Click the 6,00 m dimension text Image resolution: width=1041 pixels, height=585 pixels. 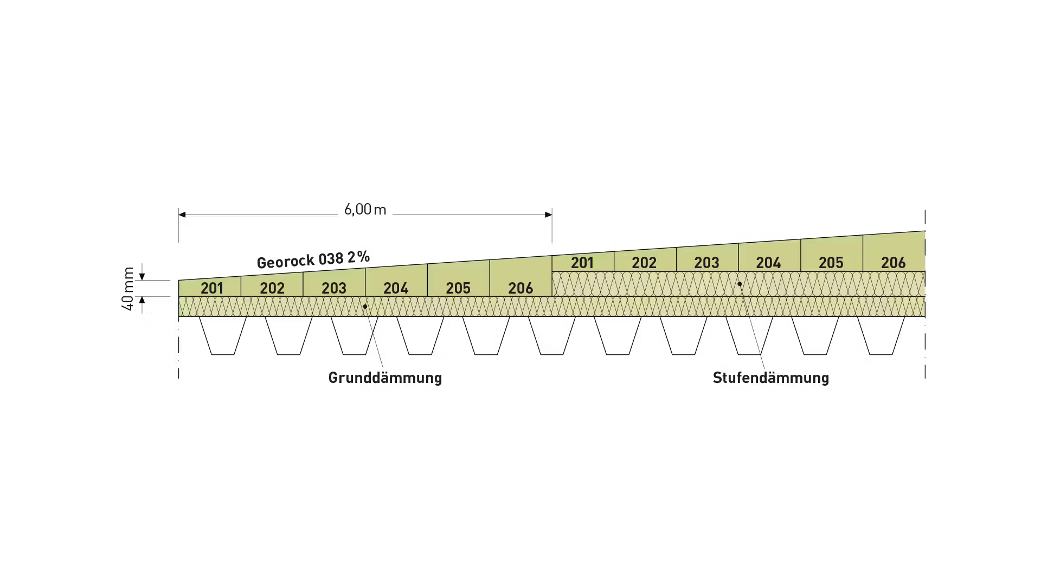click(x=365, y=210)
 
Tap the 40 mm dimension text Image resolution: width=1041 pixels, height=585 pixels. click(x=128, y=289)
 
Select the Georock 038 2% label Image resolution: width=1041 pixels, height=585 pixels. click(x=313, y=259)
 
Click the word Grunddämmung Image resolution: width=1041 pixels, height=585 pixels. click(x=385, y=378)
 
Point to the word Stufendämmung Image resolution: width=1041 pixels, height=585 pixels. click(x=771, y=378)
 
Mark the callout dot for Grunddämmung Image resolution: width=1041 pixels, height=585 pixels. click(x=365, y=307)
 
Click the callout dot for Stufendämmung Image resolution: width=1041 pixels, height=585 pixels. click(x=740, y=284)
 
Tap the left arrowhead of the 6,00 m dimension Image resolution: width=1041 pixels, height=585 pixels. click(x=182, y=215)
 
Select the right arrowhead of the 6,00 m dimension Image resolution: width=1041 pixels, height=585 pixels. click(x=548, y=215)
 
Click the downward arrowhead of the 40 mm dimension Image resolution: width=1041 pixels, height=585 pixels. click(x=142, y=277)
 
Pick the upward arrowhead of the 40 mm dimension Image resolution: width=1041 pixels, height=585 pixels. click(x=142, y=300)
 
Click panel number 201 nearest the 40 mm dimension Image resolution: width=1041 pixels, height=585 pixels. click(x=212, y=288)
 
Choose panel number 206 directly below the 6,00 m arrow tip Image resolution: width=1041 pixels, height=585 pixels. click(x=520, y=288)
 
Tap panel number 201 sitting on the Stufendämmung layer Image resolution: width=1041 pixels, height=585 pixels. click(x=582, y=263)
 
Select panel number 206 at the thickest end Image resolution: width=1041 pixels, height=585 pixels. click(x=894, y=263)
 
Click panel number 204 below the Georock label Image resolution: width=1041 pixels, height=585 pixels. click(x=396, y=288)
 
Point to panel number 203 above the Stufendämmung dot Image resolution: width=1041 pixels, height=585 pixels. click(x=706, y=263)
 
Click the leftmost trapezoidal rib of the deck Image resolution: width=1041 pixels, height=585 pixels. click(x=223, y=336)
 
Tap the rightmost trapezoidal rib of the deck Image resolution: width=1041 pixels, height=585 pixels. click(x=881, y=336)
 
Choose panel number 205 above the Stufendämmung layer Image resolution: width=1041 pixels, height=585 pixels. click(x=831, y=263)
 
